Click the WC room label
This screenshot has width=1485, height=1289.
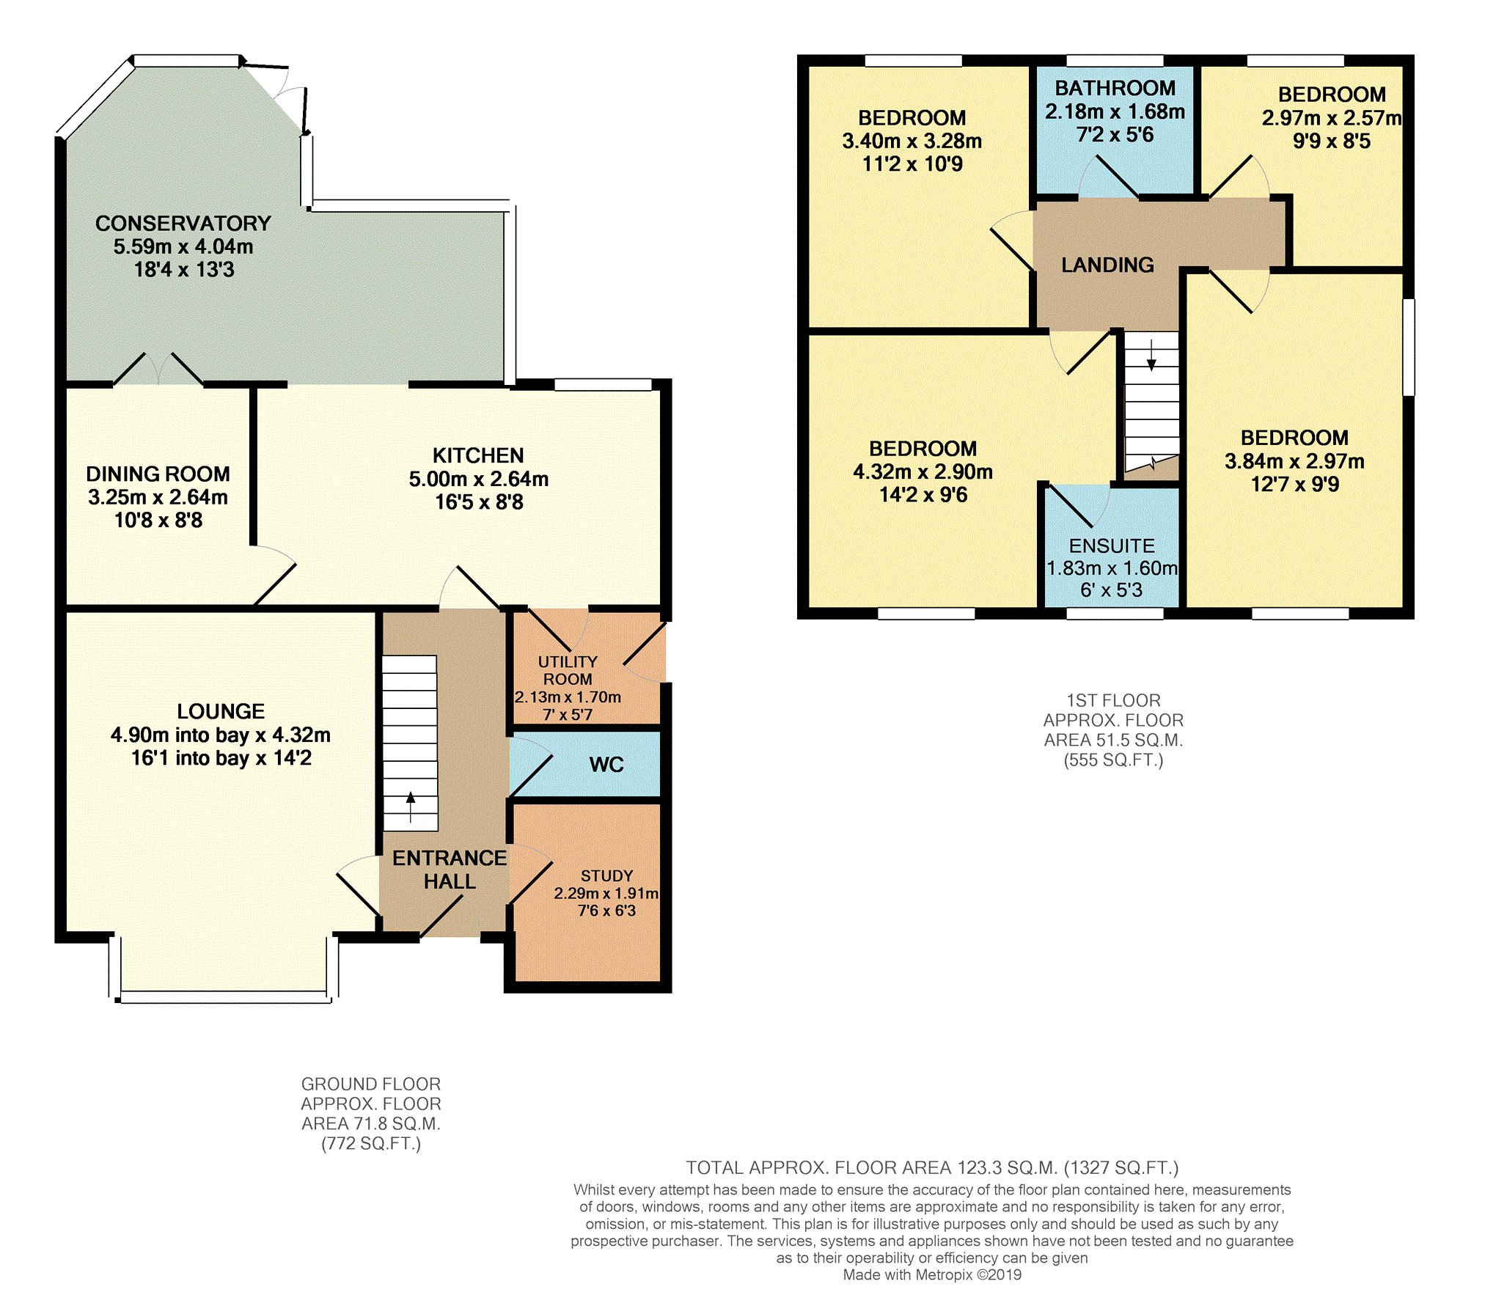coord(606,765)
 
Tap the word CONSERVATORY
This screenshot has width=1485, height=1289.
coord(183,224)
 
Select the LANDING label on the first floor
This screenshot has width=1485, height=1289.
coord(1107,265)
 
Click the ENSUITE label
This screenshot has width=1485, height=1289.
coord(1112,546)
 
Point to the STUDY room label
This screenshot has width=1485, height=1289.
coord(606,876)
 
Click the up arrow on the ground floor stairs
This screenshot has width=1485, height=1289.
coord(411,807)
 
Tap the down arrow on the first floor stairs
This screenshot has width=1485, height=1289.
coord(1151,355)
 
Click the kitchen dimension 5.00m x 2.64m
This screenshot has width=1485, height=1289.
coord(479,480)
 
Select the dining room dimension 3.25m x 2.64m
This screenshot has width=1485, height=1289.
coord(158,497)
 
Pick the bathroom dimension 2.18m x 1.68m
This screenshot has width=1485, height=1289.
coord(1115,111)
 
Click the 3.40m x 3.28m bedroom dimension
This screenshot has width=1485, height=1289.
coord(912,141)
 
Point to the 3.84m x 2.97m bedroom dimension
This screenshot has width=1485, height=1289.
coord(1294,461)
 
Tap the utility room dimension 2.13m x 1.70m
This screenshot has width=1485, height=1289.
coord(568,697)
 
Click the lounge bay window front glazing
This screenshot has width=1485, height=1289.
coord(224,997)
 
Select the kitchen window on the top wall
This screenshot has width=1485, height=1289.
coord(603,384)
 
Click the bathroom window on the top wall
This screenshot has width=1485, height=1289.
coord(1115,60)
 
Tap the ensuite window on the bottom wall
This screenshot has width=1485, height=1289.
coord(1115,614)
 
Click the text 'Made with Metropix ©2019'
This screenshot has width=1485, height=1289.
coord(932,1274)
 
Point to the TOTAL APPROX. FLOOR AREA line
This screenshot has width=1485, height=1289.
coord(932,1167)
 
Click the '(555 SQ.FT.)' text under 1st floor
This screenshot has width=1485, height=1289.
coord(1113,760)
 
